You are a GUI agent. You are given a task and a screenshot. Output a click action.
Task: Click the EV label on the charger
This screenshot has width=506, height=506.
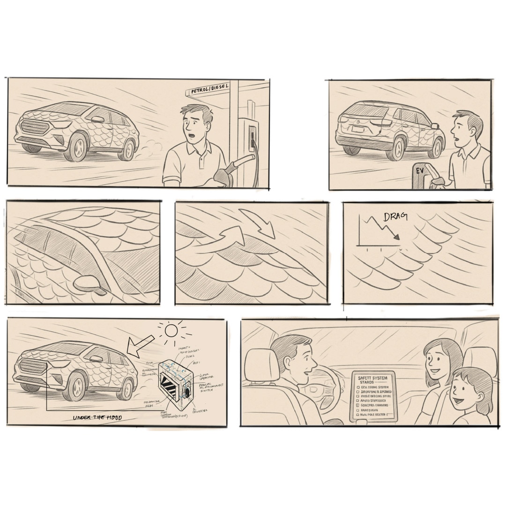[420, 171]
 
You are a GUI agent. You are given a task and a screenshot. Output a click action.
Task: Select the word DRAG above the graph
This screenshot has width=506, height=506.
[395, 216]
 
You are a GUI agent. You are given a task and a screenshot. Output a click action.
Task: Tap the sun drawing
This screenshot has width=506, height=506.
[171, 331]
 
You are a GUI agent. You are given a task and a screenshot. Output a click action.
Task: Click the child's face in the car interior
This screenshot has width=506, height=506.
[465, 396]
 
